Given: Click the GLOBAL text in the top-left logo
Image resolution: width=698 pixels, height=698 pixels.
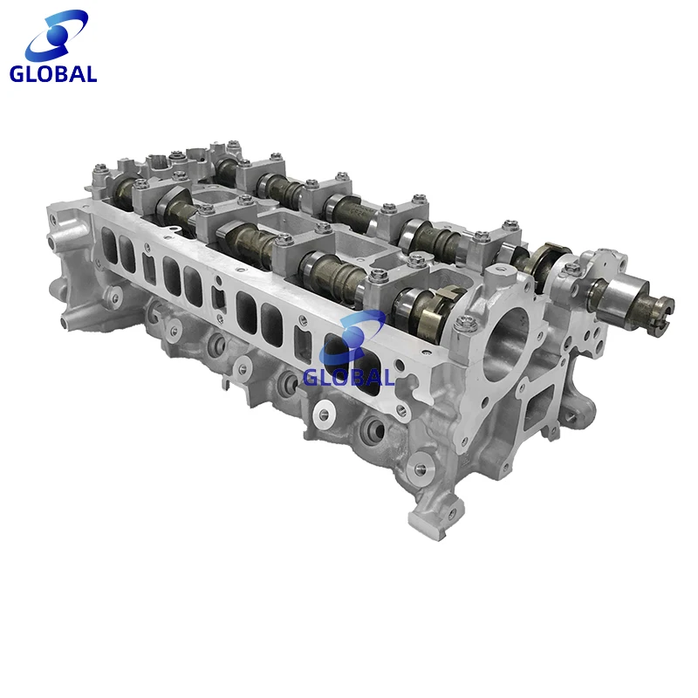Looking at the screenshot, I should click(53, 74).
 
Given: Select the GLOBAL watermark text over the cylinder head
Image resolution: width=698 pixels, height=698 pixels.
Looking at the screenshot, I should click(349, 377).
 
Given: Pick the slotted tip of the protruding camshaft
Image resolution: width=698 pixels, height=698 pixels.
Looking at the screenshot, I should click(664, 306).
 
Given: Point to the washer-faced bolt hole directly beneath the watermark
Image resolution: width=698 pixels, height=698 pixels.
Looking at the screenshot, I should click(326, 410).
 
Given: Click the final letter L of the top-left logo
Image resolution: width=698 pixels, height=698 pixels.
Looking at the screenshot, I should click(91, 74).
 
